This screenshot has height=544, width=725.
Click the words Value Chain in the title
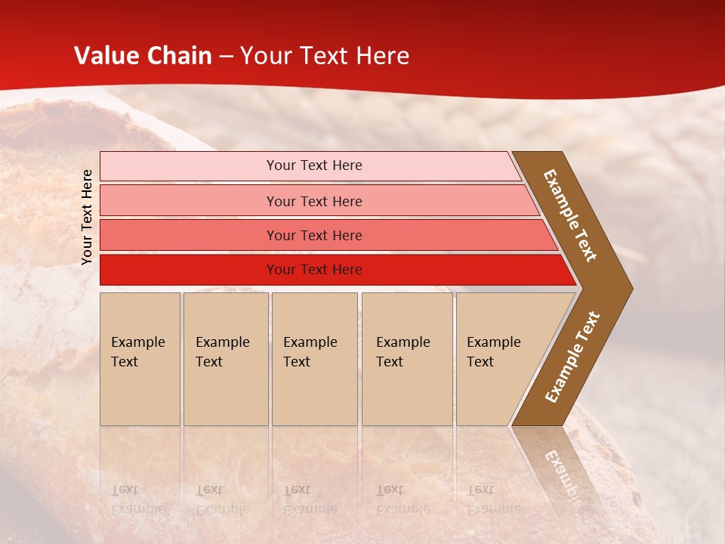click(143, 56)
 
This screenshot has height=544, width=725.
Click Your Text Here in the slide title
click(325, 56)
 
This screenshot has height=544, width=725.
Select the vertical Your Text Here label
click(87, 217)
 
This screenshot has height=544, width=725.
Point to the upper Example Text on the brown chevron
click(570, 215)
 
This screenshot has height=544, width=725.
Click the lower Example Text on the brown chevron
click(572, 357)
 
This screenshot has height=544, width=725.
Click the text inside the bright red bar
click(314, 270)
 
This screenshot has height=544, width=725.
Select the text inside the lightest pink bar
click(314, 165)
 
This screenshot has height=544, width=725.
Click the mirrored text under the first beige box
click(137, 499)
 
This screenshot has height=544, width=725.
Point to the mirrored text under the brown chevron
click(562, 476)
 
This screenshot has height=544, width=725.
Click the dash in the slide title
click(226, 57)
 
